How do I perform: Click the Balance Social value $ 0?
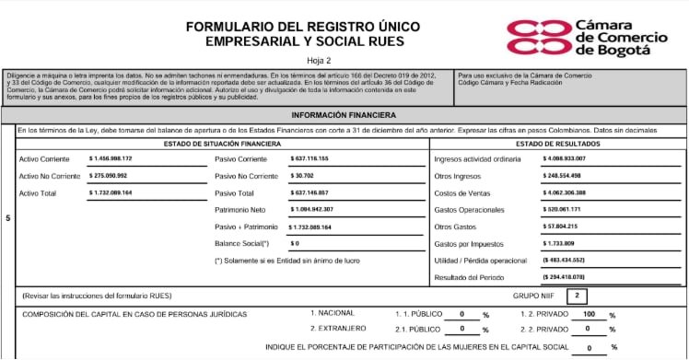click(x=296, y=243)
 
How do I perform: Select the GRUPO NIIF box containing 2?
click(x=576, y=296)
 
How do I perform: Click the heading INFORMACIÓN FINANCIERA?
click(x=344, y=115)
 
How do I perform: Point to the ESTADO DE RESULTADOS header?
click(x=558, y=145)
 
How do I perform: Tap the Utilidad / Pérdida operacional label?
click(x=480, y=260)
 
